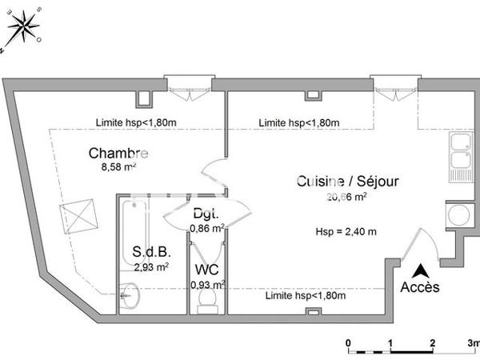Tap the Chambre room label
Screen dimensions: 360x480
click(118, 154)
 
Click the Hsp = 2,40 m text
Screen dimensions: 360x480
click(346, 232)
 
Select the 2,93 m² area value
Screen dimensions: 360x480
click(151, 267)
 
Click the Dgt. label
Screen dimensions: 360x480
click(206, 214)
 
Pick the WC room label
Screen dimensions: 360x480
click(206, 270)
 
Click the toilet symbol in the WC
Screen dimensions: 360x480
click(207, 301)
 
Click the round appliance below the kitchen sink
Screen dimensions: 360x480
click(458, 214)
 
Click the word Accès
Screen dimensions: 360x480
click(419, 288)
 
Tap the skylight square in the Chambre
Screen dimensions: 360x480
click(78, 215)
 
